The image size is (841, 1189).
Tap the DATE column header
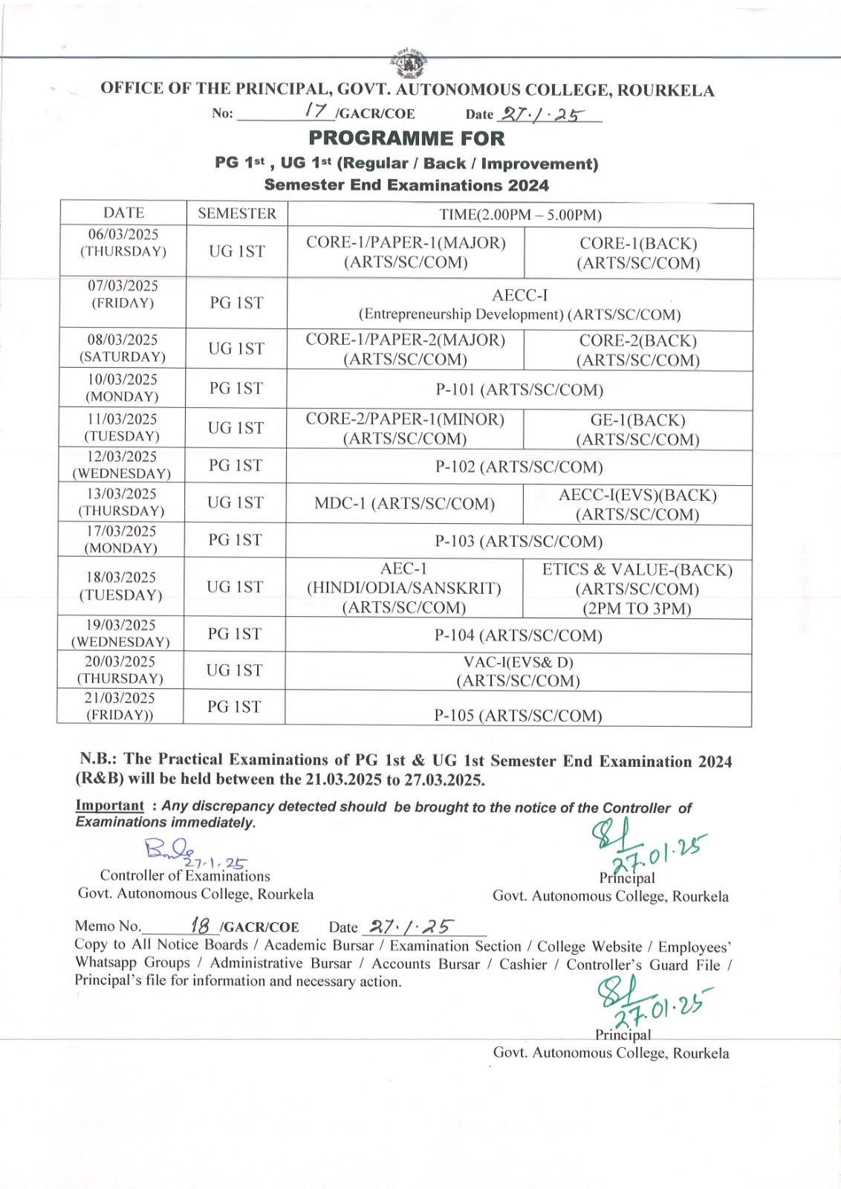coord(123,213)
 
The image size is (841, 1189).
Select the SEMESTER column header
coord(237,213)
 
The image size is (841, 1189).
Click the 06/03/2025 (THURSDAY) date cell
coord(123,243)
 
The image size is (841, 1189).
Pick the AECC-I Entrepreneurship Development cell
coord(519,305)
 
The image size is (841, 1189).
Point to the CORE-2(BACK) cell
coord(638,350)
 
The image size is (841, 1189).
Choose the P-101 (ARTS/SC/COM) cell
coord(519,389)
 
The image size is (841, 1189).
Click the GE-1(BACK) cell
coord(637,430)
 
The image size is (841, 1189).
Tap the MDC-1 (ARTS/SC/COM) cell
coord(404,503)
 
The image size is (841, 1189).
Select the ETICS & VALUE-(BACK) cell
coord(637,589)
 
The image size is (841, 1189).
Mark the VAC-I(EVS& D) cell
coord(518,671)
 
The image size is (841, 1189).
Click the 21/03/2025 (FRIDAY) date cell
coord(120,706)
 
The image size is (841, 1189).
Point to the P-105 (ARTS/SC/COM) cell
coord(518,715)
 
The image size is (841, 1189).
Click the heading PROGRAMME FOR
coord(406,138)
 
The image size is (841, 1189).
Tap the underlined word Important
coord(110,806)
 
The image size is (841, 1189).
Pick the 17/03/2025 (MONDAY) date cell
coord(121,540)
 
